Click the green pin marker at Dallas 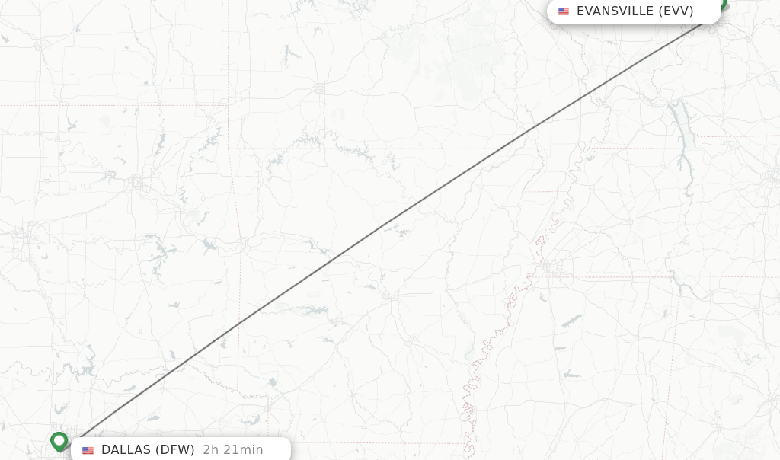coord(59,440)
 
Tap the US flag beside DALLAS coord(88,450)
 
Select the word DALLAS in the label coord(126,450)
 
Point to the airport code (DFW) coord(176,450)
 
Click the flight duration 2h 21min coord(233,450)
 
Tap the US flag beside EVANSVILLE coord(564,11)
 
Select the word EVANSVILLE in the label coord(615,11)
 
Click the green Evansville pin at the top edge coord(723,5)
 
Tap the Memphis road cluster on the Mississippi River coord(550,268)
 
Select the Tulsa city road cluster coord(137,183)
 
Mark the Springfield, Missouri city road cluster coord(318,89)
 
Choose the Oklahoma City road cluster coord(24,233)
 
